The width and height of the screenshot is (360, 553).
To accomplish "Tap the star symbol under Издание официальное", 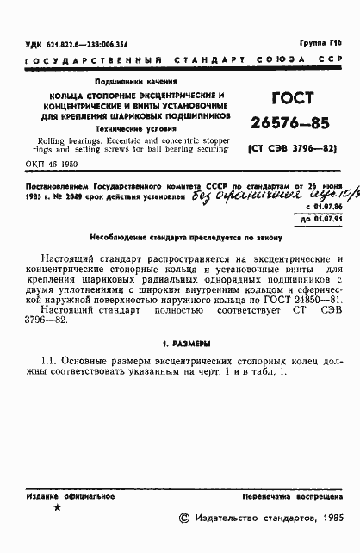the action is click(58, 509).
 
